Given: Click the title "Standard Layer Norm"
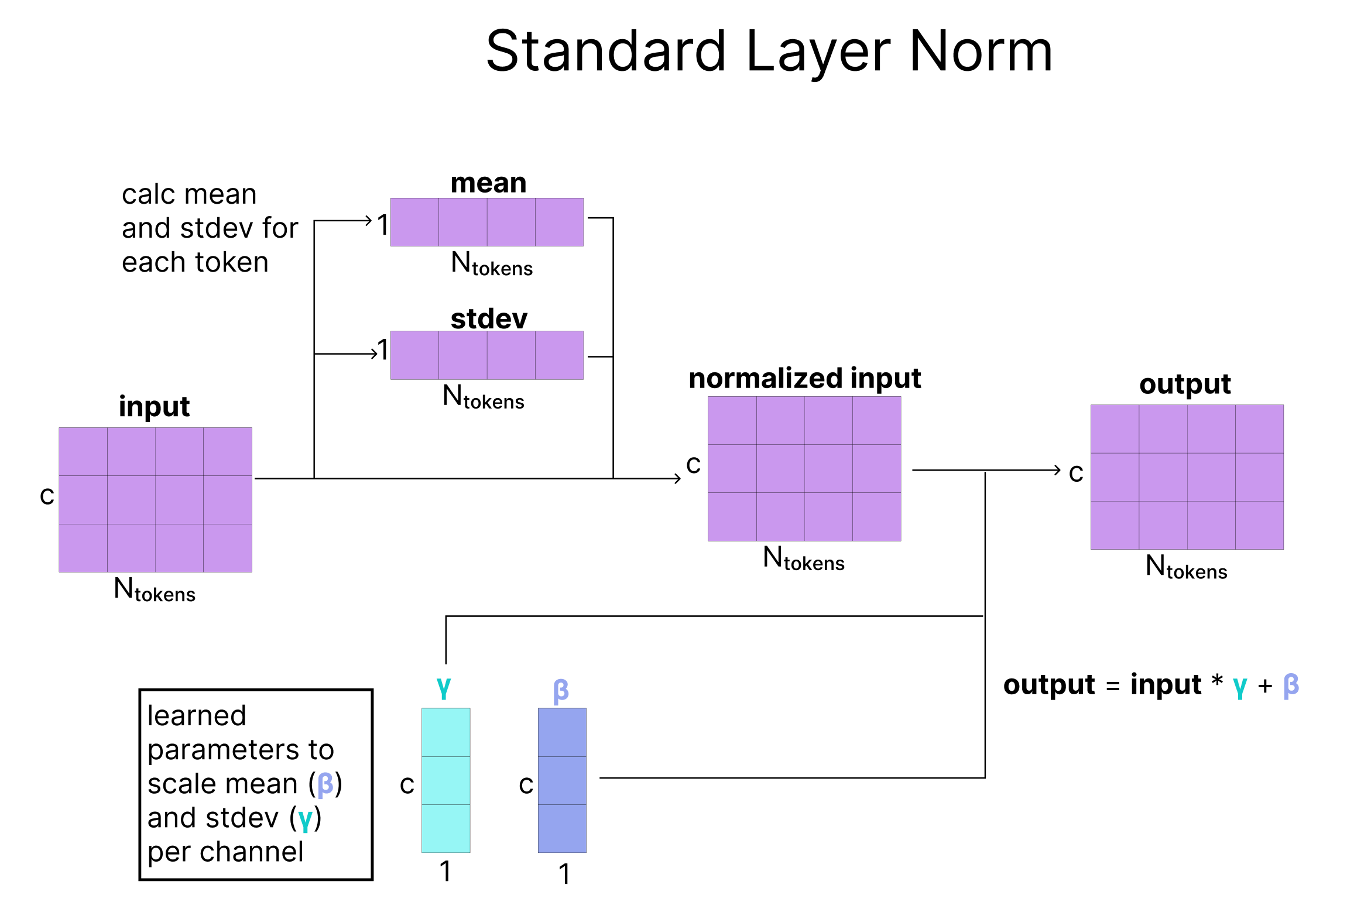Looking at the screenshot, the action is pos(769,53).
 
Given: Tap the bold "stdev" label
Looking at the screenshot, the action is pos(489,318).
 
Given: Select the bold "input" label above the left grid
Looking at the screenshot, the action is pos(154,407).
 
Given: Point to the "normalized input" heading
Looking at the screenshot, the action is pos(805,379).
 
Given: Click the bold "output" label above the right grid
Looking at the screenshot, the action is pos(1185,385).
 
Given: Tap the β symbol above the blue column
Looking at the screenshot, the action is pos(561,691).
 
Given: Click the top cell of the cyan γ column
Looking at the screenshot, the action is pos(446,732).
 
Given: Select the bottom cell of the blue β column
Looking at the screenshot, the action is pos(562,828).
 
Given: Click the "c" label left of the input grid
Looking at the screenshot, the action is pos(47,496).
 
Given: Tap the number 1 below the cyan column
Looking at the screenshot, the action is pos(445,871).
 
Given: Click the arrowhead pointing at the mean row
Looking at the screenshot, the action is pos(368,221).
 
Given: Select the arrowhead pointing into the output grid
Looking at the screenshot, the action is pos(1057,470).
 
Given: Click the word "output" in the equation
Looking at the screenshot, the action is pos(1049,685).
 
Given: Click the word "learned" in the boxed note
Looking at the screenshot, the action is pos(197,715).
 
